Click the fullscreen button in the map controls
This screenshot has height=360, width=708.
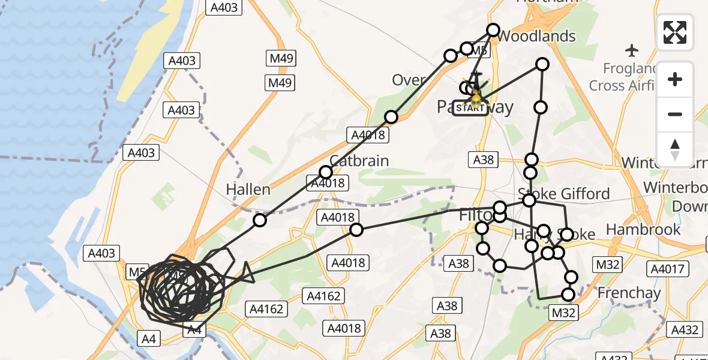pos(675,32)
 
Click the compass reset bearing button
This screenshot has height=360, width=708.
pos(675,149)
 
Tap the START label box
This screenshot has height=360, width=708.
pos(470,108)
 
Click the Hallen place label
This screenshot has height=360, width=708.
pos(248,190)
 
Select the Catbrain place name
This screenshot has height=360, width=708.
pos(359,161)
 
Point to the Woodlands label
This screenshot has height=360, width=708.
pos(536,37)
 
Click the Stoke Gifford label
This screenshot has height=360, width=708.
pos(564,194)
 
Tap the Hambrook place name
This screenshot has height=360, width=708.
pos(643,229)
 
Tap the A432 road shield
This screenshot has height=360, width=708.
pos(685,329)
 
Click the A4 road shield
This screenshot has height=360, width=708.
pos(149,339)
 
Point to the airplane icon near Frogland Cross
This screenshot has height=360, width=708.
pos(632,49)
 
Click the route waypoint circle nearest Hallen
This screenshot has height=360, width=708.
pos(259,220)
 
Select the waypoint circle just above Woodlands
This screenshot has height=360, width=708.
pos(493,29)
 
